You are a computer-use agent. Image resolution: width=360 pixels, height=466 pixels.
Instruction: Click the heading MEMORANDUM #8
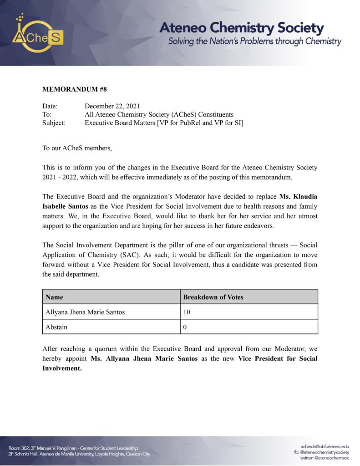pos(75,89)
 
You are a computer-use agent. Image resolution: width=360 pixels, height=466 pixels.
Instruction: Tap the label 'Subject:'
pos(54,123)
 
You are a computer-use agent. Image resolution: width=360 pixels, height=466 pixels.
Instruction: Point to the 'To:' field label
pos(47,114)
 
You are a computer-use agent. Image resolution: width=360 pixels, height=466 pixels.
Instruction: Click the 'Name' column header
pos(55,297)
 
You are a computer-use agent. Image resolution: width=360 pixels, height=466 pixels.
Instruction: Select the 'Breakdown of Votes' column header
pos(213,297)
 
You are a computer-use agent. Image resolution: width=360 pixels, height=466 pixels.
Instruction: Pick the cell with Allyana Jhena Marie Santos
pos(85,312)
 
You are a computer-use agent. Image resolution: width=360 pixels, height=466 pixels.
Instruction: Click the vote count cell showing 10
pos(187,312)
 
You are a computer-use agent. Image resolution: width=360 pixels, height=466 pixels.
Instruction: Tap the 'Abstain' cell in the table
pos(56,327)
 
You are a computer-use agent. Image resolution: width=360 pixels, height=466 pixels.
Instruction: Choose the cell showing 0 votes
pos(185,327)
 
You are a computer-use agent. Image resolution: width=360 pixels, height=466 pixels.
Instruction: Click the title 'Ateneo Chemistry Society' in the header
pos(241,28)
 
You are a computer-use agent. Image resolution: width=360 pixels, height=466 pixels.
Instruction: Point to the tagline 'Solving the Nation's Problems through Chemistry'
pos(254,41)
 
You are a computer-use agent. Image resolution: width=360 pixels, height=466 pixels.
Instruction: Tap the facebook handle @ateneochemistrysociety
pos(322,452)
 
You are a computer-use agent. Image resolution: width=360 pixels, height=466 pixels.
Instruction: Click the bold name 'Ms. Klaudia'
pos(298,196)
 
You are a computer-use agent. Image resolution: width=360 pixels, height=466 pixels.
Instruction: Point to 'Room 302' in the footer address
pos(19,448)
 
